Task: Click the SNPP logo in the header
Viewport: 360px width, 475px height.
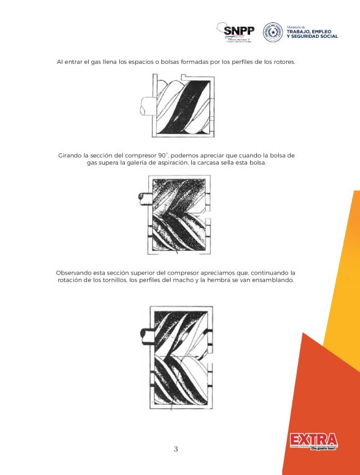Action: pyautogui.click(x=238, y=32)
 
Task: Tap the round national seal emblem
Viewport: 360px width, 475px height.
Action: pyautogui.click(x=272, y=32)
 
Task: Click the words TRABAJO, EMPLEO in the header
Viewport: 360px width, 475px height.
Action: pyautogui.click(x=308, y=32)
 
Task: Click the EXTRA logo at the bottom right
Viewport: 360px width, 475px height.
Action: pyautogui.click(x=313, y=441)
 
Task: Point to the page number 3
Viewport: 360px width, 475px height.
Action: pyautogui.click(x=176, y=449)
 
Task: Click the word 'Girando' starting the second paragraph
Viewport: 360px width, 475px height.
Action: pyautogui.click(x=70, y=154)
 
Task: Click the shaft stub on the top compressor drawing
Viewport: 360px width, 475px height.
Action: pyautogui.click(x=145, y=106)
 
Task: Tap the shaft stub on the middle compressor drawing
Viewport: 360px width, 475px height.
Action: pyautogui.click(x=143, y=199)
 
